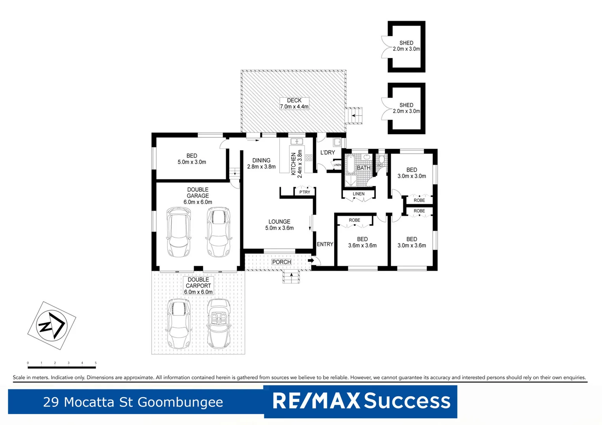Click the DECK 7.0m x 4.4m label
tap(294, 103)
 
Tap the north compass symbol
tap(52, 325)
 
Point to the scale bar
tap(61, 367)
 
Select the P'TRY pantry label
tap(305, 192)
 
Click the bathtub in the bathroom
tap(350, 164)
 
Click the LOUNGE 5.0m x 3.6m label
tap(279, 225)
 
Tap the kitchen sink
tap(296, 142)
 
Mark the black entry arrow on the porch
tap(311, 260)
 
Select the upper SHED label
tap(406, 46)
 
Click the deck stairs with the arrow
tap(354, 116)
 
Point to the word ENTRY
tap(325, 244)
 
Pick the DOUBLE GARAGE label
tap(198, 196)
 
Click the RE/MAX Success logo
tap(360, 401)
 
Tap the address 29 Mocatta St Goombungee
tap(133, 402)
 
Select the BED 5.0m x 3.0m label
tap(191, 159)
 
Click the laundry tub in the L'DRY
tap(337, 142)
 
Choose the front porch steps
tap(291, 278)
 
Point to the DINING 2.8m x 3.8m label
tap(261, 163)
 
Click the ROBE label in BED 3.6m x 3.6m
tap(354, 220)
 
